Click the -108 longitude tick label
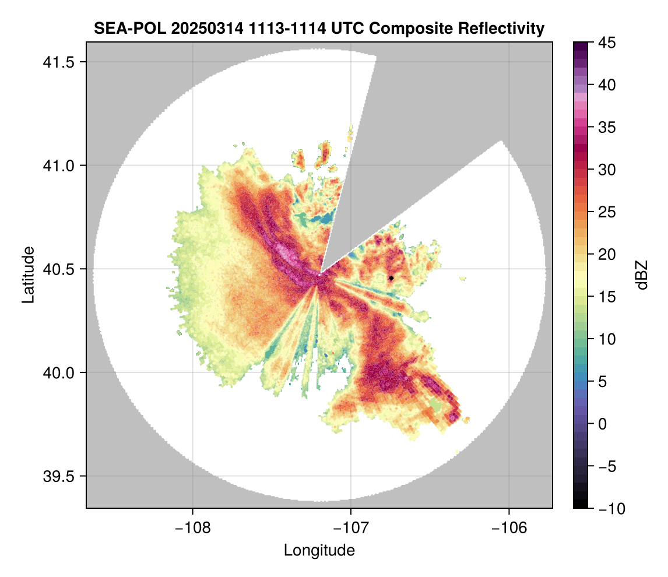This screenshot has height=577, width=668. coord(192,528)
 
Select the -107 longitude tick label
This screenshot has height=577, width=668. coord(351,528)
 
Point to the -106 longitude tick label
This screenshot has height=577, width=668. coord(509,528)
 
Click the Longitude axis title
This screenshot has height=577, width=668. coord(319,550)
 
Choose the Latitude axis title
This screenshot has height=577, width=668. coord(27,275)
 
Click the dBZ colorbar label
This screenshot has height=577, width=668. coord(642,275)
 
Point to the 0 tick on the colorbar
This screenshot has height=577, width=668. coord(603,424)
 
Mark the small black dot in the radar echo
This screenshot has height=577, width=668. coord(391,279)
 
